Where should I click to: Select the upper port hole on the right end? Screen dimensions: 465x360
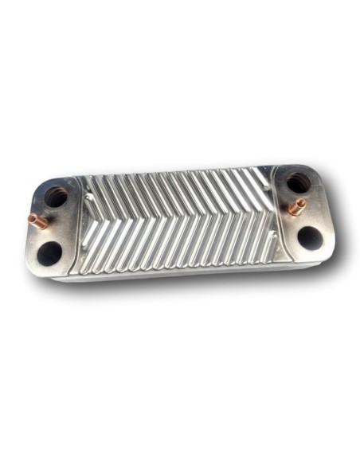tap(298, 183)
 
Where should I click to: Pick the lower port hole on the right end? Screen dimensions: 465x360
tap(309, 236)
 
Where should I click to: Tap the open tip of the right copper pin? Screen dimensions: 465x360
tap(303, 204)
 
